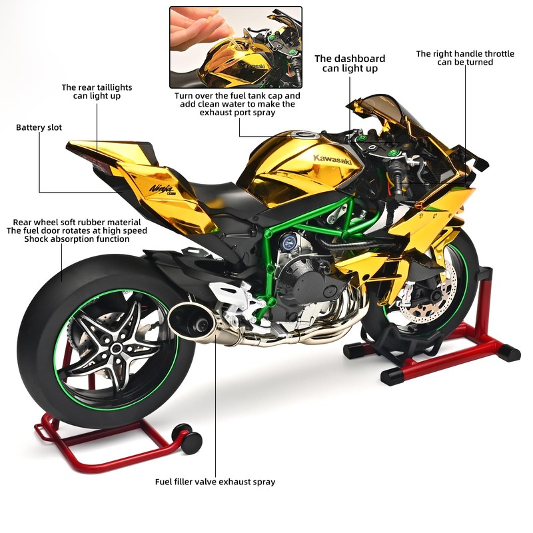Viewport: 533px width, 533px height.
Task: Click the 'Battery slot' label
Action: click(x=39, y=127)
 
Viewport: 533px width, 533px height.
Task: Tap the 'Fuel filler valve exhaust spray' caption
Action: click(x=215, y=482)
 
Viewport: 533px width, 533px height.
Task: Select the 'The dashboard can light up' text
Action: click(x=350, y=63)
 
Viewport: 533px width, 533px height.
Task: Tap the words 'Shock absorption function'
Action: click(x=77, y=239)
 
